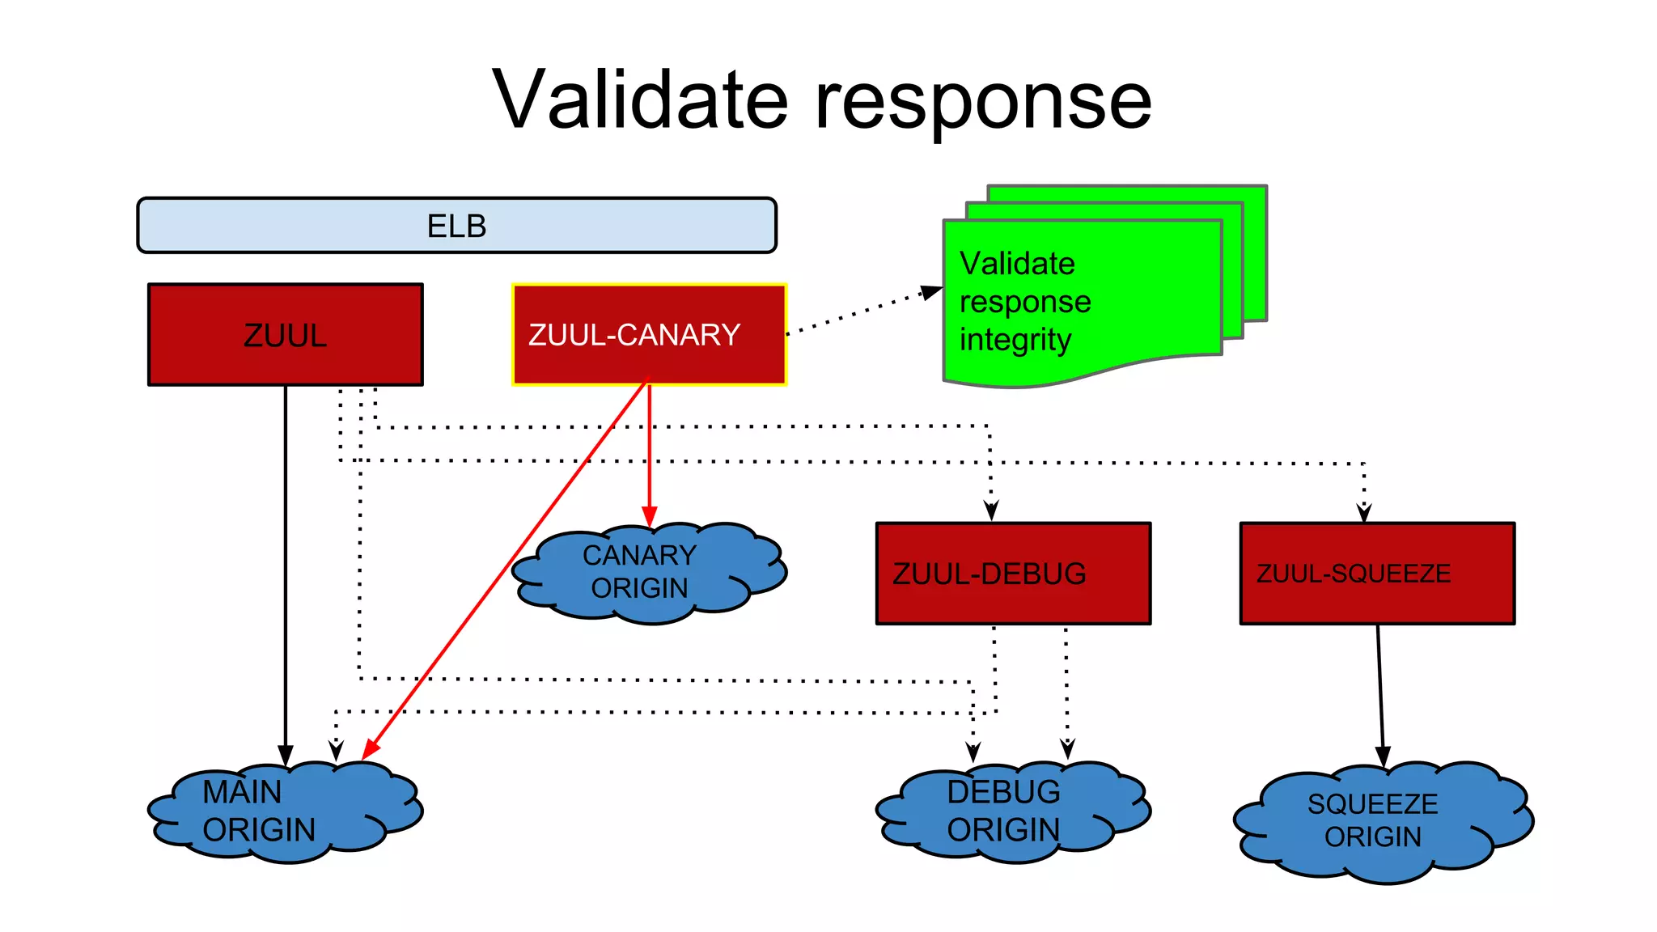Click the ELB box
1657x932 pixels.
(x=456, y=226)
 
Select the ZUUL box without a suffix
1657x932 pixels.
(x=285, y=335)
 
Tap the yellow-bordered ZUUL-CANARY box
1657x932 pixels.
(x=649, y=335)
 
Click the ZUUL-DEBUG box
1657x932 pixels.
(x=1013, y=574)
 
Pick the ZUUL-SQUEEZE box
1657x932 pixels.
(x=1377, y=574)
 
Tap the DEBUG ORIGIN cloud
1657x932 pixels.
(x=1011, y=811)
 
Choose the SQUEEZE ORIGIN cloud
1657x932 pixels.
(x=1379, y=821)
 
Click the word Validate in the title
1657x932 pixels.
(x=639, y=100)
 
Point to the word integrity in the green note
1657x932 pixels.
(x=1015, y=340)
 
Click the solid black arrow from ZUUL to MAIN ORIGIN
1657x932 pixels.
(x=285, y=566)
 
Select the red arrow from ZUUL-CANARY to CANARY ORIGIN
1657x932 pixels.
(x=649, y=453)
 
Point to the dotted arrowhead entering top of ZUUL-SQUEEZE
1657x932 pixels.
(x=1364, y=512)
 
